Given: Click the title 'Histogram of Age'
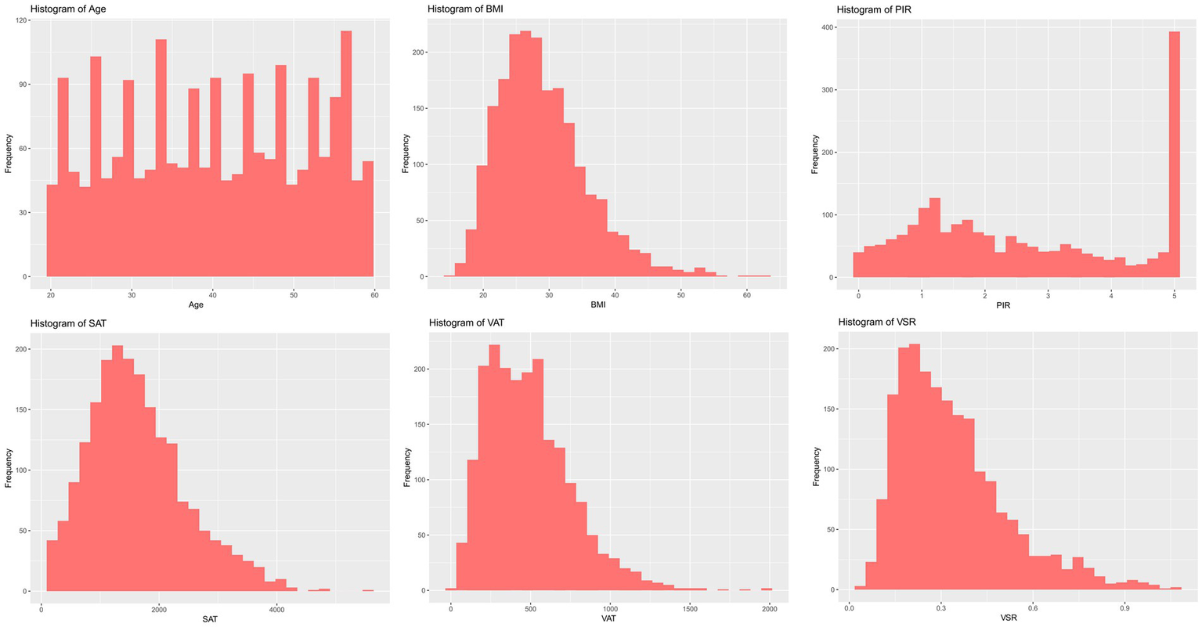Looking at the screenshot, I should [x=68, y=9].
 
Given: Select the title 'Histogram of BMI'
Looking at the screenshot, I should [x=466, y=9].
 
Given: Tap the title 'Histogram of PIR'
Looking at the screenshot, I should [x=875, y=9].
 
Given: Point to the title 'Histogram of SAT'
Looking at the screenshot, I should [x=68, y=323].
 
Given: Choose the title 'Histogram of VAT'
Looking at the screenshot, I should [x=467, y=323].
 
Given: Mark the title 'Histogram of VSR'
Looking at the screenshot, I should [x=876, y=323].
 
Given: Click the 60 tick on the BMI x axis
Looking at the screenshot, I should [x=746, y=294].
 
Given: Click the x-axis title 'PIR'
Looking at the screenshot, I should [x=1003, y=305].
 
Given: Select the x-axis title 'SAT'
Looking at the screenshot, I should [x=209, y=619].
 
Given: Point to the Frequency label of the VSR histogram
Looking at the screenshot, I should [x=816, y=467].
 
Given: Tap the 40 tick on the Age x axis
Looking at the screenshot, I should [x=212, y=294].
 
